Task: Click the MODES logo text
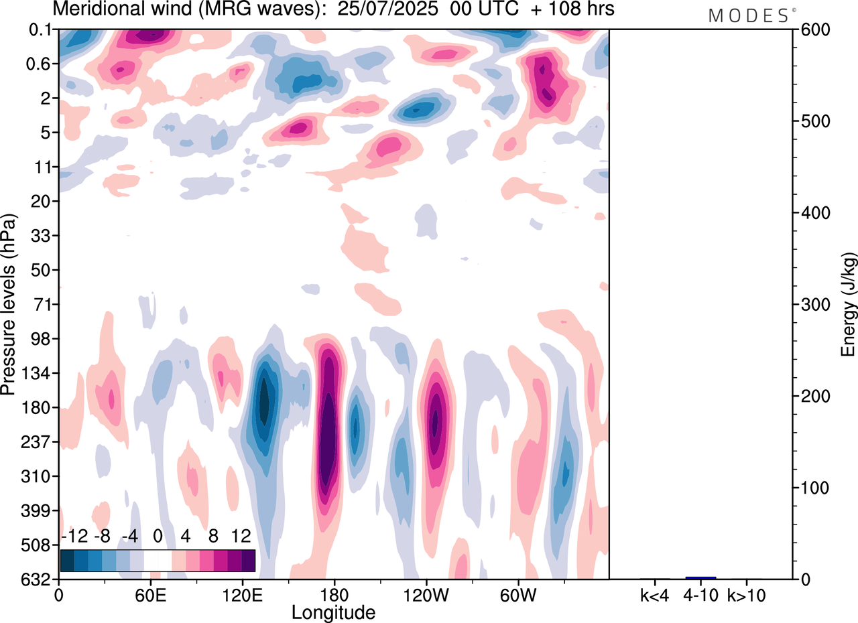(748, 16)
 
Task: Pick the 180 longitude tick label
(333, 594)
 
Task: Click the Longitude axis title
(333, 612)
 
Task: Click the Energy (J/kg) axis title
(848, 305)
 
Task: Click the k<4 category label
(655, 594)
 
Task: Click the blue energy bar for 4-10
(700, 577)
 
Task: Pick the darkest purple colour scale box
(248, 560)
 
